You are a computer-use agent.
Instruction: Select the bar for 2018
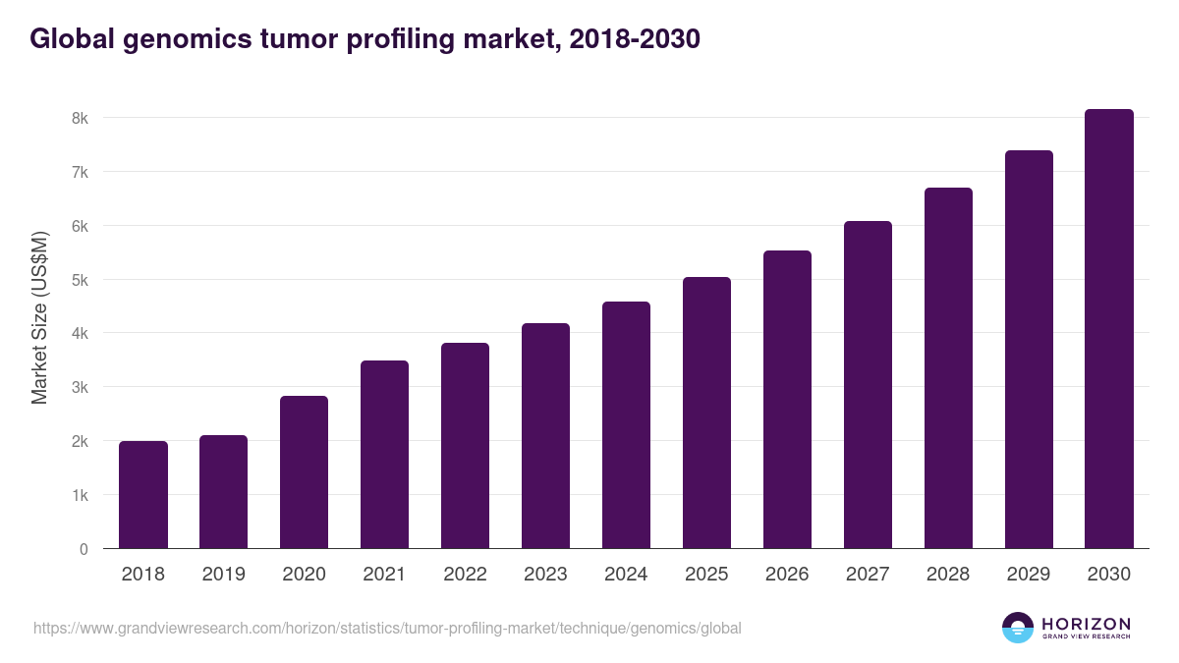pyautogui.click(x=143, y=495)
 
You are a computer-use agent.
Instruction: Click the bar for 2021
pyautogui.click(x=384, y=455)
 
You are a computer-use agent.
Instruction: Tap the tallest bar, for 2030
pyautogui.click(x=1109, y=329)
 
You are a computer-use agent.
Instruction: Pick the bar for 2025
pyautogui.click(x=706, y=413)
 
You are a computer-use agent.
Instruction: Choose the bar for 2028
pyautogui.click(x=948, y=368)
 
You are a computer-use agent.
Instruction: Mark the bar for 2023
pyautogui.click(x=545, y=436)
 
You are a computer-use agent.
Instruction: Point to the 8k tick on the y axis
pyautogui.click(x=80, y=118)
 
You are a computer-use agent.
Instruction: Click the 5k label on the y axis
pyautogui.click(x=80, y=280)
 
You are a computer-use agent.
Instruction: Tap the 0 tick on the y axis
pyautogui.click(x=84, y=549)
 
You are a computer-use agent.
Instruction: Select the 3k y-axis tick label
pyautogui.click(x=80, y=388)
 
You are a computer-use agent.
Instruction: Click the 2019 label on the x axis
pyautogui.click(x=224, y=575)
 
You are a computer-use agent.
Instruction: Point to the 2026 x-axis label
pyautogui.click(x=787, y=575)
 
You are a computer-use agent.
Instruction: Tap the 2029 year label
pyautogui.click(x=1029, y=575)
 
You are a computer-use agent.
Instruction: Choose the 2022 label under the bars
pyautogui.click(x=465, y=575)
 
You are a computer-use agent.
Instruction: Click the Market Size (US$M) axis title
pyautogui.click(x=39, y=317)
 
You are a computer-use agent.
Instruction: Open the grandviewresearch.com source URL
pyautogui.click(x=387, y=628)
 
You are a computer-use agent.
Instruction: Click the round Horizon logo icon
pyautogui.click(x=1018, y=628)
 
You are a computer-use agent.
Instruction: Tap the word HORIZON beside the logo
pyautogui.click(x=1086, y=623)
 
